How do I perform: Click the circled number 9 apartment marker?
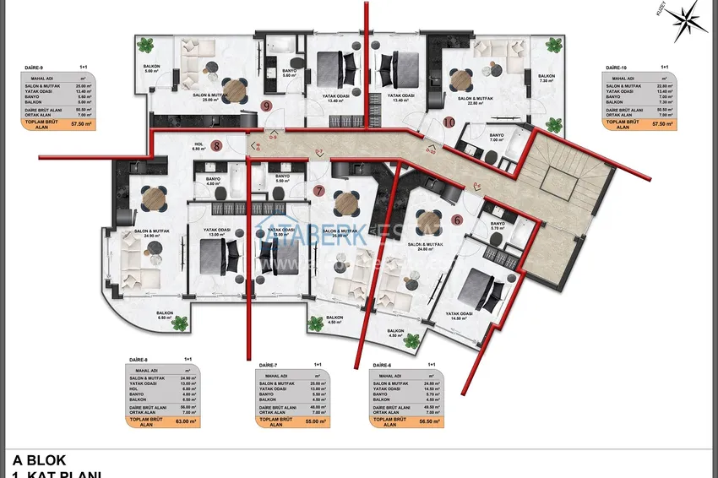tap(267, 106)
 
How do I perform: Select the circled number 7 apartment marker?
tap(318, 190)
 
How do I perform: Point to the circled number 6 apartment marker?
tap(457, 220)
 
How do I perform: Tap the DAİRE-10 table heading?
tap(616, 66)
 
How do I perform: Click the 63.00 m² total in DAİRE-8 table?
tap(186, 421)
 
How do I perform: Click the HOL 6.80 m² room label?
tap(199, 146)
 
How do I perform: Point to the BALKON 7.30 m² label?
tap(546, 78)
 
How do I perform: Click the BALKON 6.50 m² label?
tap(165, 315)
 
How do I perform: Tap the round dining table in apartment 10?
tap(460, 80)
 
